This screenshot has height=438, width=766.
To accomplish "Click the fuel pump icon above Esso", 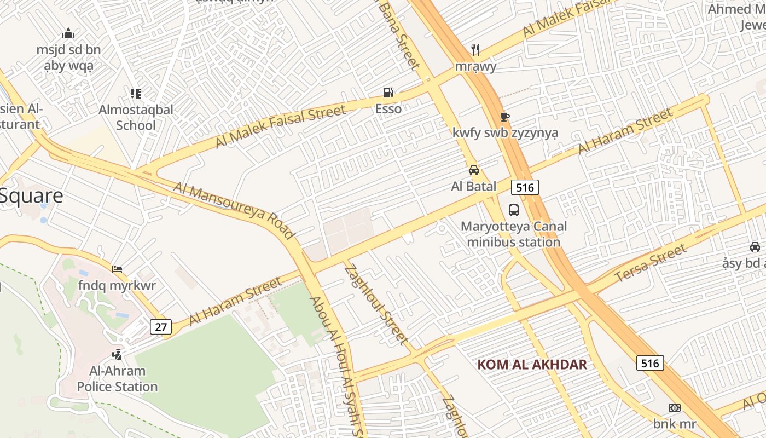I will click(x=388, y=93).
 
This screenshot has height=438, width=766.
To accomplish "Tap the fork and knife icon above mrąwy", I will click(x=475, y=50).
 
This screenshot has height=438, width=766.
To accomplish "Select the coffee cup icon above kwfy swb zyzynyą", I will click(x=504, y=117).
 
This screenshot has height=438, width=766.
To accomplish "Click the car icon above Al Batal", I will click(x=474, y=170).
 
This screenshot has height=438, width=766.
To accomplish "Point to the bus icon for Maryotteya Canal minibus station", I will click(x=514, y=210).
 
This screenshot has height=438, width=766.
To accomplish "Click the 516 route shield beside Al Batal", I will click(x=525, y=187).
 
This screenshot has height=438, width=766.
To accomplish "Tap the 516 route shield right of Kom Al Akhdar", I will click(x=650, y=363).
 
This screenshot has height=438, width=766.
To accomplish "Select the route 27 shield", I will click(x=160, y=327).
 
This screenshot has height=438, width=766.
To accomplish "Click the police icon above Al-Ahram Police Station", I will click(x=117, y=355).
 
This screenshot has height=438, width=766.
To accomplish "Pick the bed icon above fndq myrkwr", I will click(x=117, y=269).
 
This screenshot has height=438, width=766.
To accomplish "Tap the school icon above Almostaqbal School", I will click(x=136, y=94).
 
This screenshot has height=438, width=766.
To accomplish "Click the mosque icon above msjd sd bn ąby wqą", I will click(x=68, y=34).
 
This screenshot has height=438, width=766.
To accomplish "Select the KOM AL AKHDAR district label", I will click(x=532, y=365).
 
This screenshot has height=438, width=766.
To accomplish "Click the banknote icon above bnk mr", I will click(x=675, y=408).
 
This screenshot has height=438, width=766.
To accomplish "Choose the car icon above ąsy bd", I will click(x=755, y=247).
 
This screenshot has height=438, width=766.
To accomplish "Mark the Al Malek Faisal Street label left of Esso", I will click(x=280, y=126).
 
